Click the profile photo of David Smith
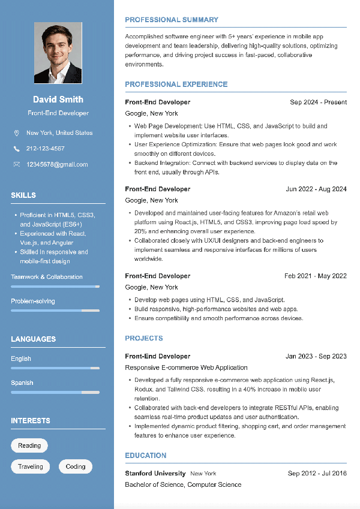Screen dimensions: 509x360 click(58, 53)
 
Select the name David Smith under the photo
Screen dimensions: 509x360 click(58, 100)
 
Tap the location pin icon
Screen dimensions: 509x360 click(16, 133)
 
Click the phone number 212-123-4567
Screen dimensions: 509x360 click(45, 149)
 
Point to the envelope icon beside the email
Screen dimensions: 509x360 click(16, 164)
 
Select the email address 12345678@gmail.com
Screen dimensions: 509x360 click(57, 164)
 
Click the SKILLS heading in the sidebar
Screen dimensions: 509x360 click(23, 195)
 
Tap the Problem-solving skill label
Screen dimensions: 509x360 click(33, 301)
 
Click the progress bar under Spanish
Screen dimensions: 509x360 click(55, 392)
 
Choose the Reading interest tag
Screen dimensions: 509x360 click(29, 445)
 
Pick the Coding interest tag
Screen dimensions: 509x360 click(76, 466)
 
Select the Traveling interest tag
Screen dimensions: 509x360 click(31, 466)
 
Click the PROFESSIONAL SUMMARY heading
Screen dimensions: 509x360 click(172, 20)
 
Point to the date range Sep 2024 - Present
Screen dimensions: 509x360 click(318, 103)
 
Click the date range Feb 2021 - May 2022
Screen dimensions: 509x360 click(316, 276)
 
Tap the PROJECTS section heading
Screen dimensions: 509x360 click(144, 339)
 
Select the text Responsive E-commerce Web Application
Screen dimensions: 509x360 click(186, 368)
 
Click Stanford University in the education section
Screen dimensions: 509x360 click(155, 474)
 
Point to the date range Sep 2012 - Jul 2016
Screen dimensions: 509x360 click(317, 474)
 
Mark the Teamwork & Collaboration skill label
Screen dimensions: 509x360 click(47, 277)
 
